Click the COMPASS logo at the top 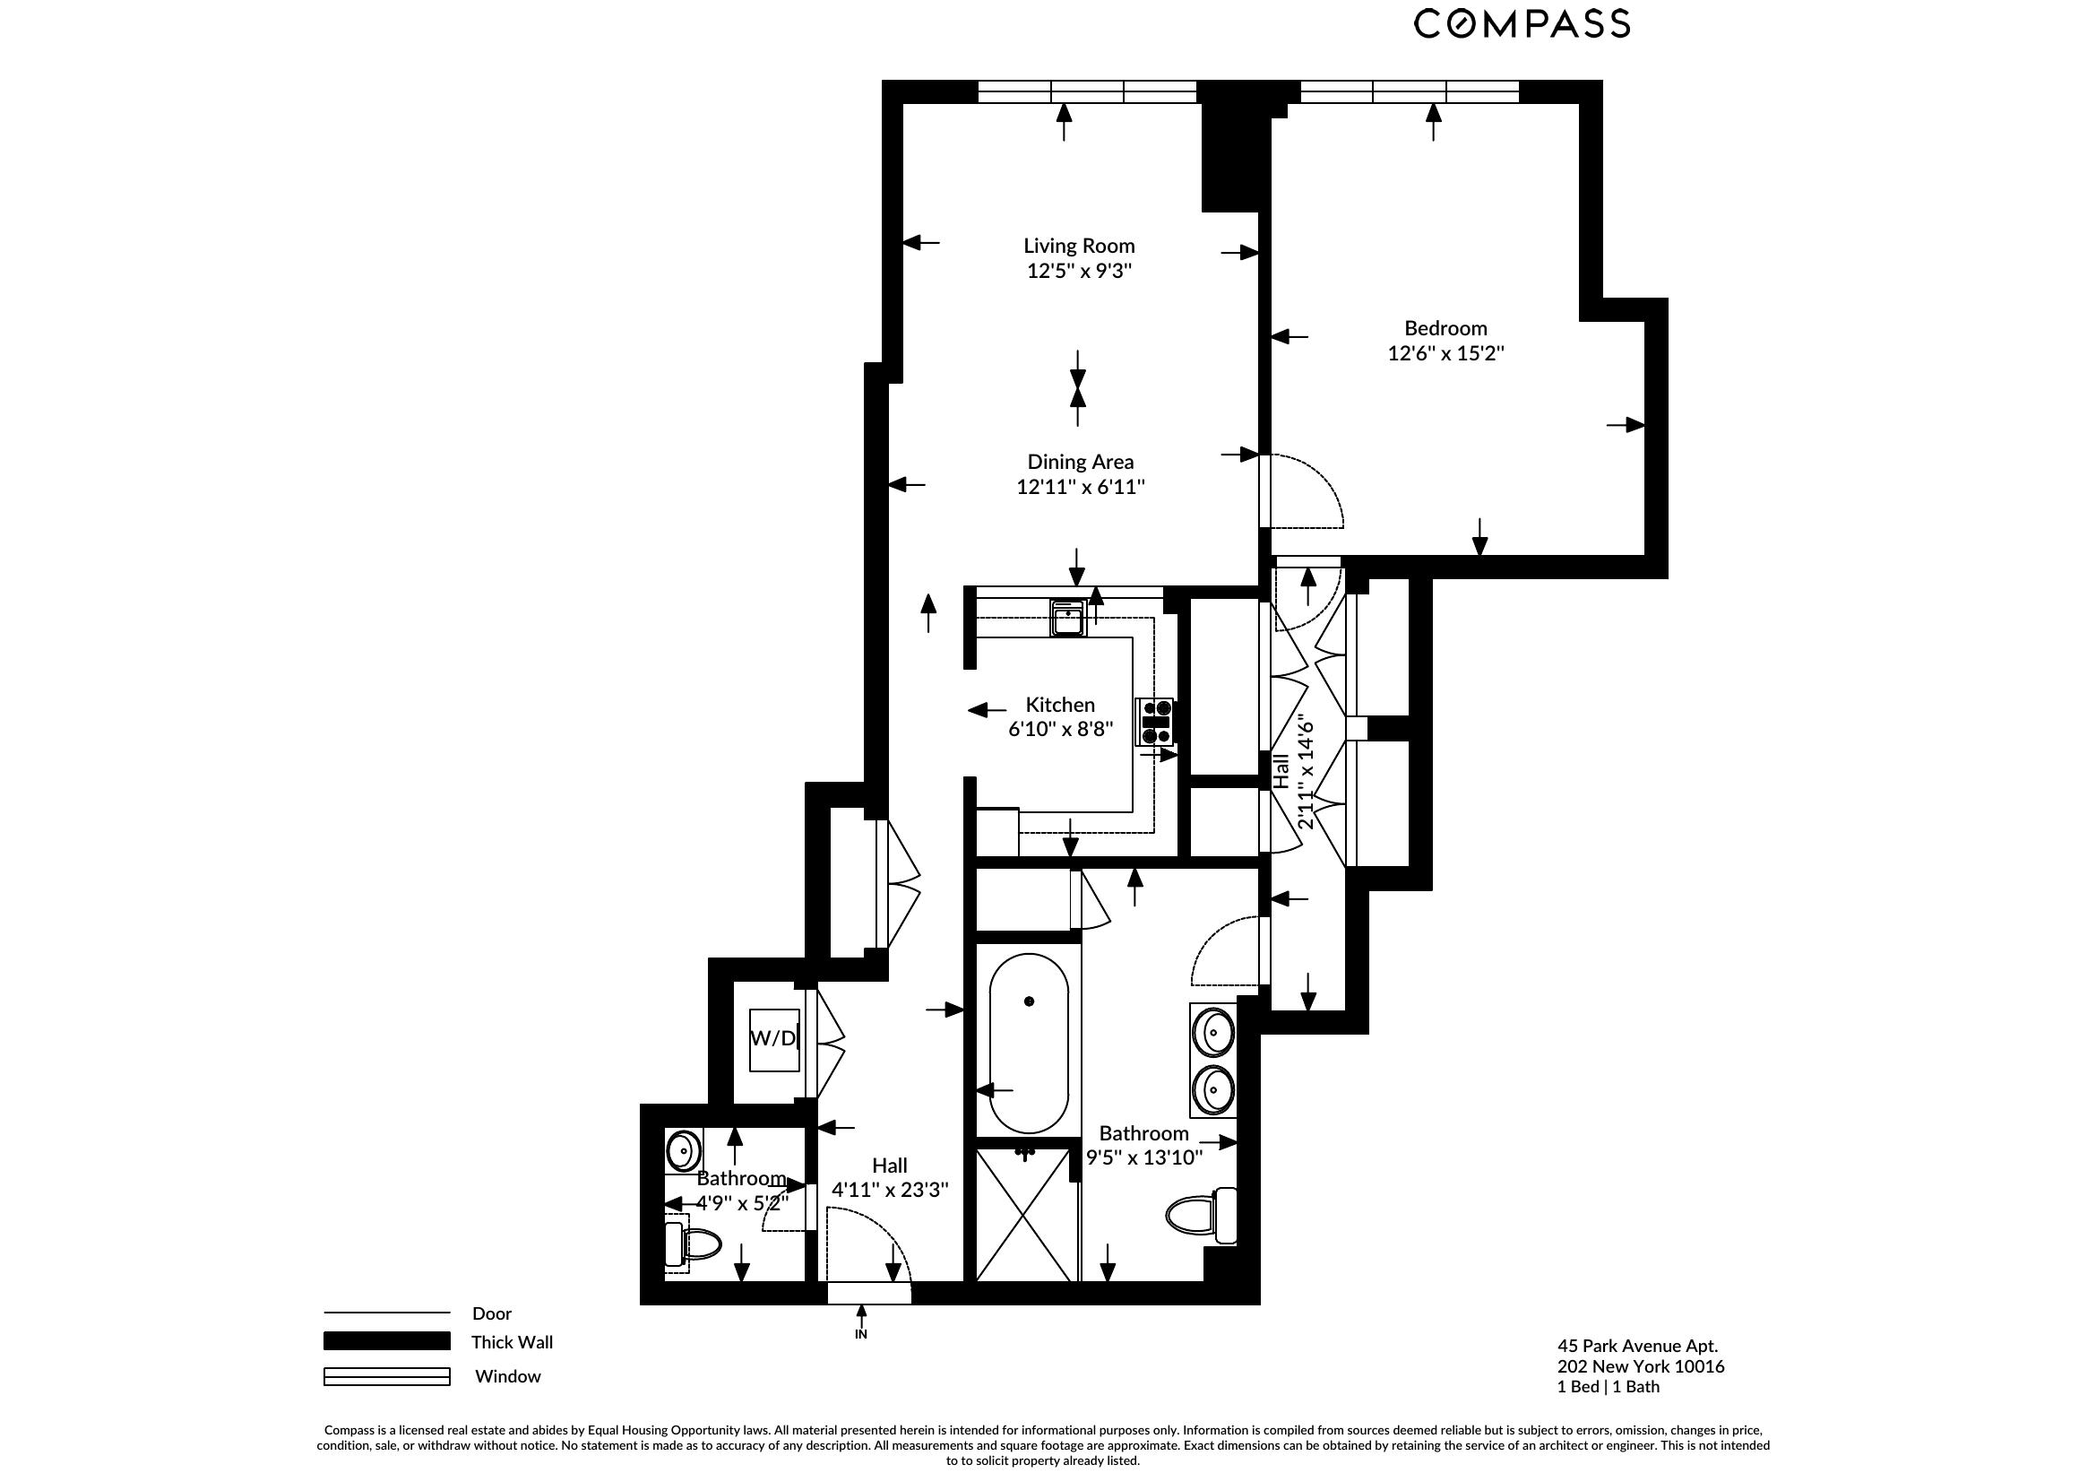[1522, 23]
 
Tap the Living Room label [1078, 246]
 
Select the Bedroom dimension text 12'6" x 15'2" [1445, 353]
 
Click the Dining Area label [1080, 462]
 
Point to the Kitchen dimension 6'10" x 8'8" [1060, 730]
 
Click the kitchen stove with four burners [1156, 722]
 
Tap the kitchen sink [1067, 617]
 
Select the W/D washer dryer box [774, 1038]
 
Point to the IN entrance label [860, 1334]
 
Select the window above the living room [1086, 91]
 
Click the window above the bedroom [1409, 91]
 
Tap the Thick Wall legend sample [386, 1340]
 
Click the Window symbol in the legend [386, 1376]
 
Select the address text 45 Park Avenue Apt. [1637, 1346]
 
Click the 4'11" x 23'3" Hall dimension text [889, 1190]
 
